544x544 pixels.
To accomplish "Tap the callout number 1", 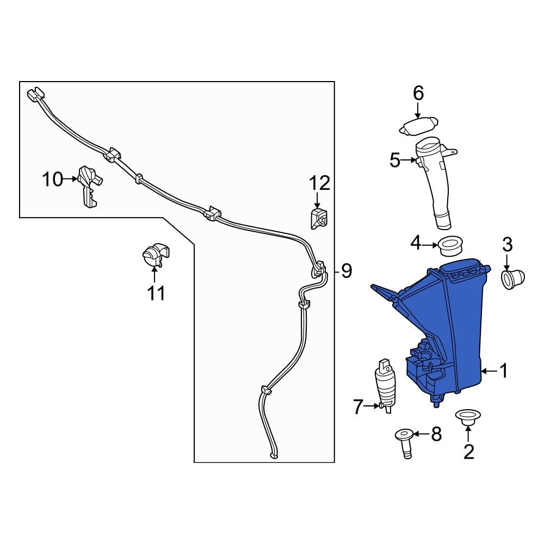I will (x=504, y=372).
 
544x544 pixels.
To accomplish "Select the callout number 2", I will (x=468, y=452).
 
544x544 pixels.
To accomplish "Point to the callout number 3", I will (x=507, y=245).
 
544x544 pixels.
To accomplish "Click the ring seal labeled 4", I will (x=450, y=246).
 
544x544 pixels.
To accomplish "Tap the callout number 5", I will (x=395, y=160).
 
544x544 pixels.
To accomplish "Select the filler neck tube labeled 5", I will (x=438, y=185).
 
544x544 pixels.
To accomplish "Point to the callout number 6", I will (x=418, y=94).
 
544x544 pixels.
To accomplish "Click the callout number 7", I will (x=357, y=406).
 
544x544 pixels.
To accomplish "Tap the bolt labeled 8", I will (x=404, y=443).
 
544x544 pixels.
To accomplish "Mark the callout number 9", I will (x=347, y=270).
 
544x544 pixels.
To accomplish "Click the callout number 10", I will (x=53, y=179).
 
